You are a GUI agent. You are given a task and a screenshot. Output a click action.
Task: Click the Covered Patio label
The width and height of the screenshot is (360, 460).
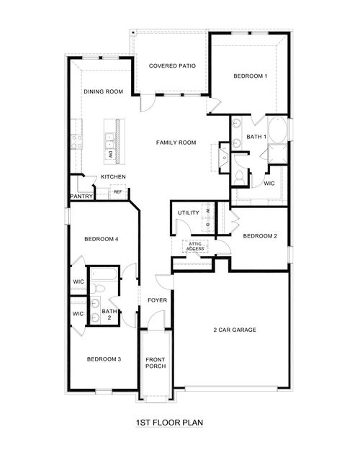pyautogui.click(x=172, y=66)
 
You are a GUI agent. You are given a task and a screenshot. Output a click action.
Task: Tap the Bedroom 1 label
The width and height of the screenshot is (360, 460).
pyautogui.click(x=250, y=76)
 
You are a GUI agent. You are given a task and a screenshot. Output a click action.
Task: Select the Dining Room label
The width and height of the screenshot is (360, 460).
pyautogui.click(x=103, y=91)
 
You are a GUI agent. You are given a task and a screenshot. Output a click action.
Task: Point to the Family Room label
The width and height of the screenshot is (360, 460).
pyautogui.click(x=176, y=143)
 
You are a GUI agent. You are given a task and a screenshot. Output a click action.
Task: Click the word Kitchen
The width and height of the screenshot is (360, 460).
pyautogui.click(x=113, y=177)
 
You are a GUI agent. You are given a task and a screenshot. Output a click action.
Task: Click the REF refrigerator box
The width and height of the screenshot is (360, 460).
pyautogui.click(x=117, y=192)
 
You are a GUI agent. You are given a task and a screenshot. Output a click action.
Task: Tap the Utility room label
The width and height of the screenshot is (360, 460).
pyautogui.click(x=189, y=213)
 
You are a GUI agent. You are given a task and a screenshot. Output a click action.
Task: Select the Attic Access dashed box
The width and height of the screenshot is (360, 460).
pyautogui.click(x=195, y=247)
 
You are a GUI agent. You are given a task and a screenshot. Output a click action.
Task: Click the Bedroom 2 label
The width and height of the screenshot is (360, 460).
pyautogui.click(x=259, y=236)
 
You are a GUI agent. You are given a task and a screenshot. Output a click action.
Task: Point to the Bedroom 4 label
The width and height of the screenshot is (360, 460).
pyautogui.click(x=101, y=239)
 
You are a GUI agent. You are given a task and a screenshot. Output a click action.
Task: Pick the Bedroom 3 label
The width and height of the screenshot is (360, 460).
pyautogui.click(x=104, y=358)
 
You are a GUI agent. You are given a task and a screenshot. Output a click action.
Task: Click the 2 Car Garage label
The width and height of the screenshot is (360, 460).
pyautogui.click(x=235, y=330)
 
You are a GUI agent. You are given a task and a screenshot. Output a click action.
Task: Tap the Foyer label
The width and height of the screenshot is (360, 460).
pyautogui.click(x=157, y=300)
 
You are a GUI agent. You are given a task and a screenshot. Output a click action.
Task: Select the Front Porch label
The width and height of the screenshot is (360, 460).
pyautogui.click(x=156, y=363)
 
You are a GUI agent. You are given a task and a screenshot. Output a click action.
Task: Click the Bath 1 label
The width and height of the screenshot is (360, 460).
pyautogui.click(x=256, y=137)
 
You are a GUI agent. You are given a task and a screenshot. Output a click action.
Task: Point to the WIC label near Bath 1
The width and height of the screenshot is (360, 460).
pyautogui.click(x=269, y=184)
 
